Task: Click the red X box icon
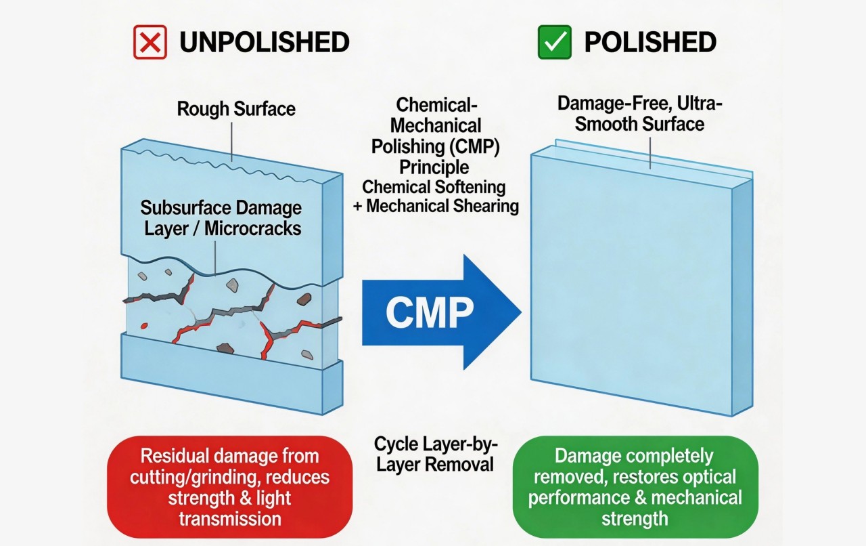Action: [150, 42]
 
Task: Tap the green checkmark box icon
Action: [554, 42]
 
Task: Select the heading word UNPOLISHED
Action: [265, 42]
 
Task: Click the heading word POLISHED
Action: [650, 42]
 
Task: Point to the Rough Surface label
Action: [236, 109]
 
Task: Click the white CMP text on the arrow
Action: [430, 312]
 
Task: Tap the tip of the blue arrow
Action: [522, 312]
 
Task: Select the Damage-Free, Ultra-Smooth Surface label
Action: [640, 113]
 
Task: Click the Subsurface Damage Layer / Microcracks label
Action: [221, 218]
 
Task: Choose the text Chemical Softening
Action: [434, 187]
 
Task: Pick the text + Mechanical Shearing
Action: [436, 206]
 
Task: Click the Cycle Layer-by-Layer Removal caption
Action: [435, 454]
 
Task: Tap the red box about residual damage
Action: [229, 487]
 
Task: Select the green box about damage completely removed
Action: [635, 487]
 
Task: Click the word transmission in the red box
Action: [229, 519]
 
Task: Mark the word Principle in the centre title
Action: [434, 168]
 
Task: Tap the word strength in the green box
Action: [635, 519]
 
